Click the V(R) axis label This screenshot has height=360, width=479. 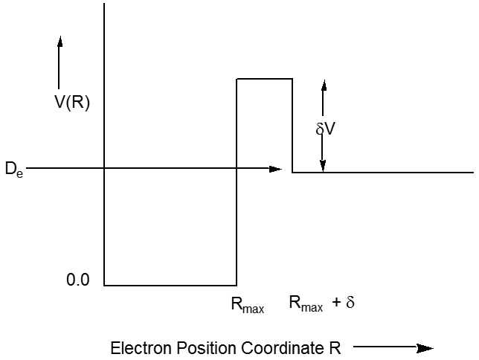(x=72, y=103)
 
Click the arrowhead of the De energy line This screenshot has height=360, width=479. (x=276, y=169)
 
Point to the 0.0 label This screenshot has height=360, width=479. (x=78, y=280)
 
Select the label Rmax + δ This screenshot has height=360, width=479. (x=321, y=304)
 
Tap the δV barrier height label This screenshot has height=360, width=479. (x=326, y=129)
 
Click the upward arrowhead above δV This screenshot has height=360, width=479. (x=323, y=85)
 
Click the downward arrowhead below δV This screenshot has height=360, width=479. (x=323, y=167)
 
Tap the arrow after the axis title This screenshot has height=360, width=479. (x=394, y=347)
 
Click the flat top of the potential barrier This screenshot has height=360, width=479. (x=264, y=78)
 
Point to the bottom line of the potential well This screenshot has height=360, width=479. (x=170, y=285)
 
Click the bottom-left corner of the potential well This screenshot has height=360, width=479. (x=104, y=285)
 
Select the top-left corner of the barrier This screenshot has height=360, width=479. (x=237, y=78)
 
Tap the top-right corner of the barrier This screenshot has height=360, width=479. (x=292, y=78)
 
